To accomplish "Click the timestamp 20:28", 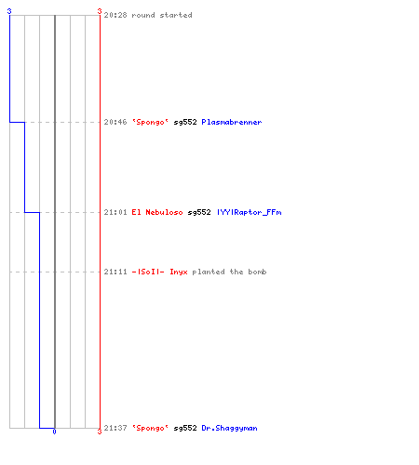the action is (115, 15).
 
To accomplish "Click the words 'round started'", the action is (162, 15).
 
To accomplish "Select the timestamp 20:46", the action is (115, 122).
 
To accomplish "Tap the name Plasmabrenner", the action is (232, 122).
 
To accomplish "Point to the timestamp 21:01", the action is (115, 212).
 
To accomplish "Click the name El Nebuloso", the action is (157, 212).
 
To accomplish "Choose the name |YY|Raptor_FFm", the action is (249, 212).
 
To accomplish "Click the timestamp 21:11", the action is (115, 272).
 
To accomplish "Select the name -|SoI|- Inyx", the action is (159, 272).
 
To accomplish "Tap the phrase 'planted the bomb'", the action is (229, 272).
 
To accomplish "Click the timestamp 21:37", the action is (115, 428).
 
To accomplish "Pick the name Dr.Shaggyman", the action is (229, 428).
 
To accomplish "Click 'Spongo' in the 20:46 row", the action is (150, 122).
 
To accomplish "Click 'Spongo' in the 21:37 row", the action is (150, 428).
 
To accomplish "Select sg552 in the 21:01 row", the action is (199, 212).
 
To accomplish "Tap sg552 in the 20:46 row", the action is (185, 122).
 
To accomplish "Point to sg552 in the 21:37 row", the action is (185, 428).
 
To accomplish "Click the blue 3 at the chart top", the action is (9, 11).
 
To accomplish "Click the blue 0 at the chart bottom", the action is (54, 432).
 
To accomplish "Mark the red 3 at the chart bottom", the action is (100, 432).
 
